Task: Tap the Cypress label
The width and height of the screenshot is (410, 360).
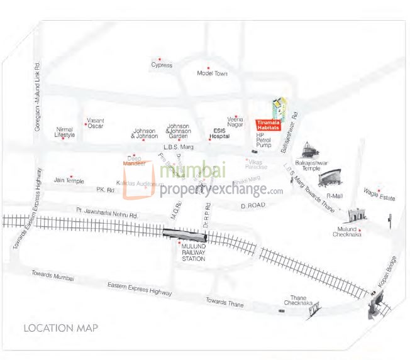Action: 162,65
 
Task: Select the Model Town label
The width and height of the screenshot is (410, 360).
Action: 212,74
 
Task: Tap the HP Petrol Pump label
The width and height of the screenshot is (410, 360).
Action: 263,140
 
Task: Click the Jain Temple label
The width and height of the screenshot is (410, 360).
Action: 69,181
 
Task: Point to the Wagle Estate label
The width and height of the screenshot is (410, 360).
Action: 379,196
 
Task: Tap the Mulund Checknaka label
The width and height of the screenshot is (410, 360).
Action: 350,232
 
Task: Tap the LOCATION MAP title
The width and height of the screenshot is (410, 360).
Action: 60,328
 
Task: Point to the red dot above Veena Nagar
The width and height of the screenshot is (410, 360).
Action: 236,115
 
